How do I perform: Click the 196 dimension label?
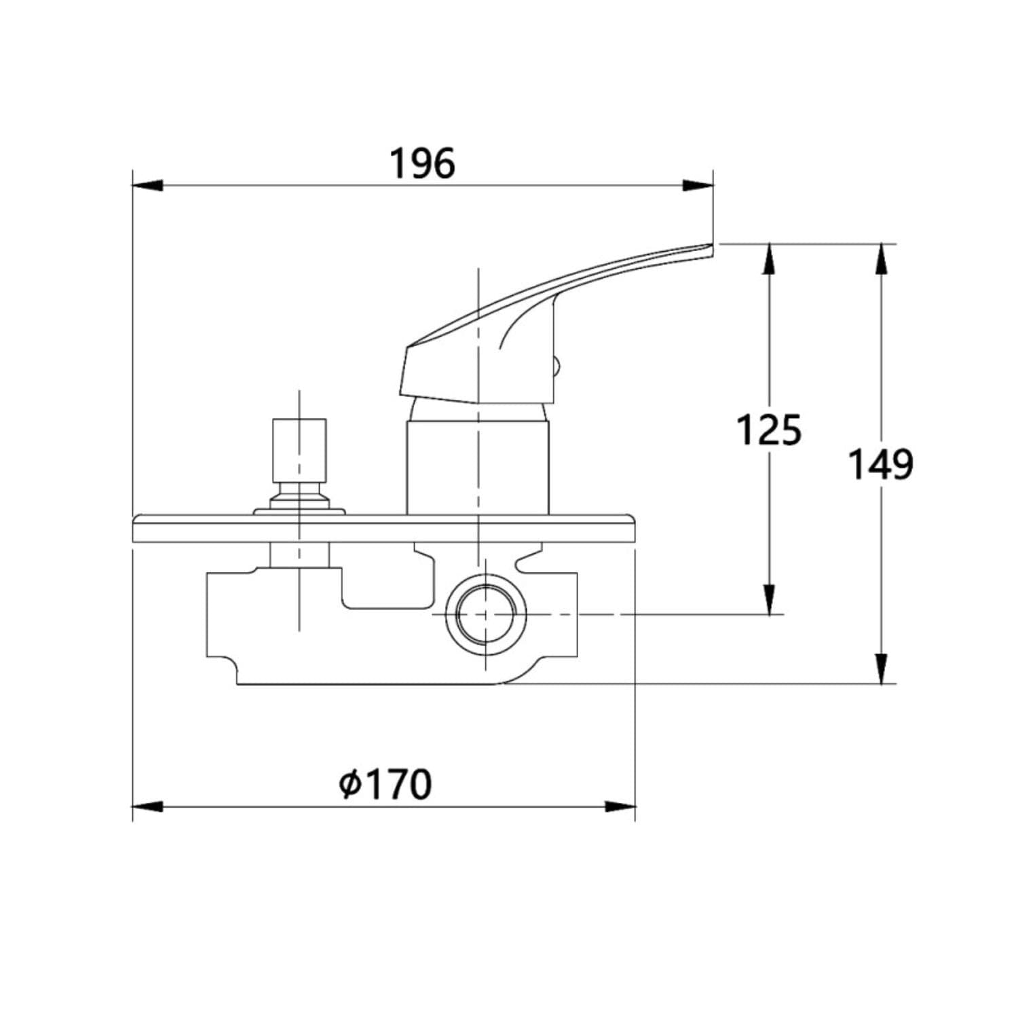pos(422,164)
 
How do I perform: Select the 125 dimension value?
pos(769,430)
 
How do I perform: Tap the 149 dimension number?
pos(881,465)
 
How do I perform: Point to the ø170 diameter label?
pos(385,784)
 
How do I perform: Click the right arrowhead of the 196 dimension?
pos(698,185)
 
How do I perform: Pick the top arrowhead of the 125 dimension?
pos(769,259)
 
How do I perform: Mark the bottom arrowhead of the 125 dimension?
pos(769,599)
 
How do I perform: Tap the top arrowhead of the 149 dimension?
pos(881,259)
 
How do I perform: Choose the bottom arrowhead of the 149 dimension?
pos(881,668)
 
